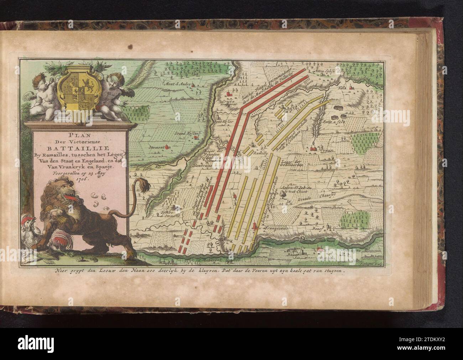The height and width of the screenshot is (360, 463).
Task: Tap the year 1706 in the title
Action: pyautogui.click(x=81, y=180)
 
